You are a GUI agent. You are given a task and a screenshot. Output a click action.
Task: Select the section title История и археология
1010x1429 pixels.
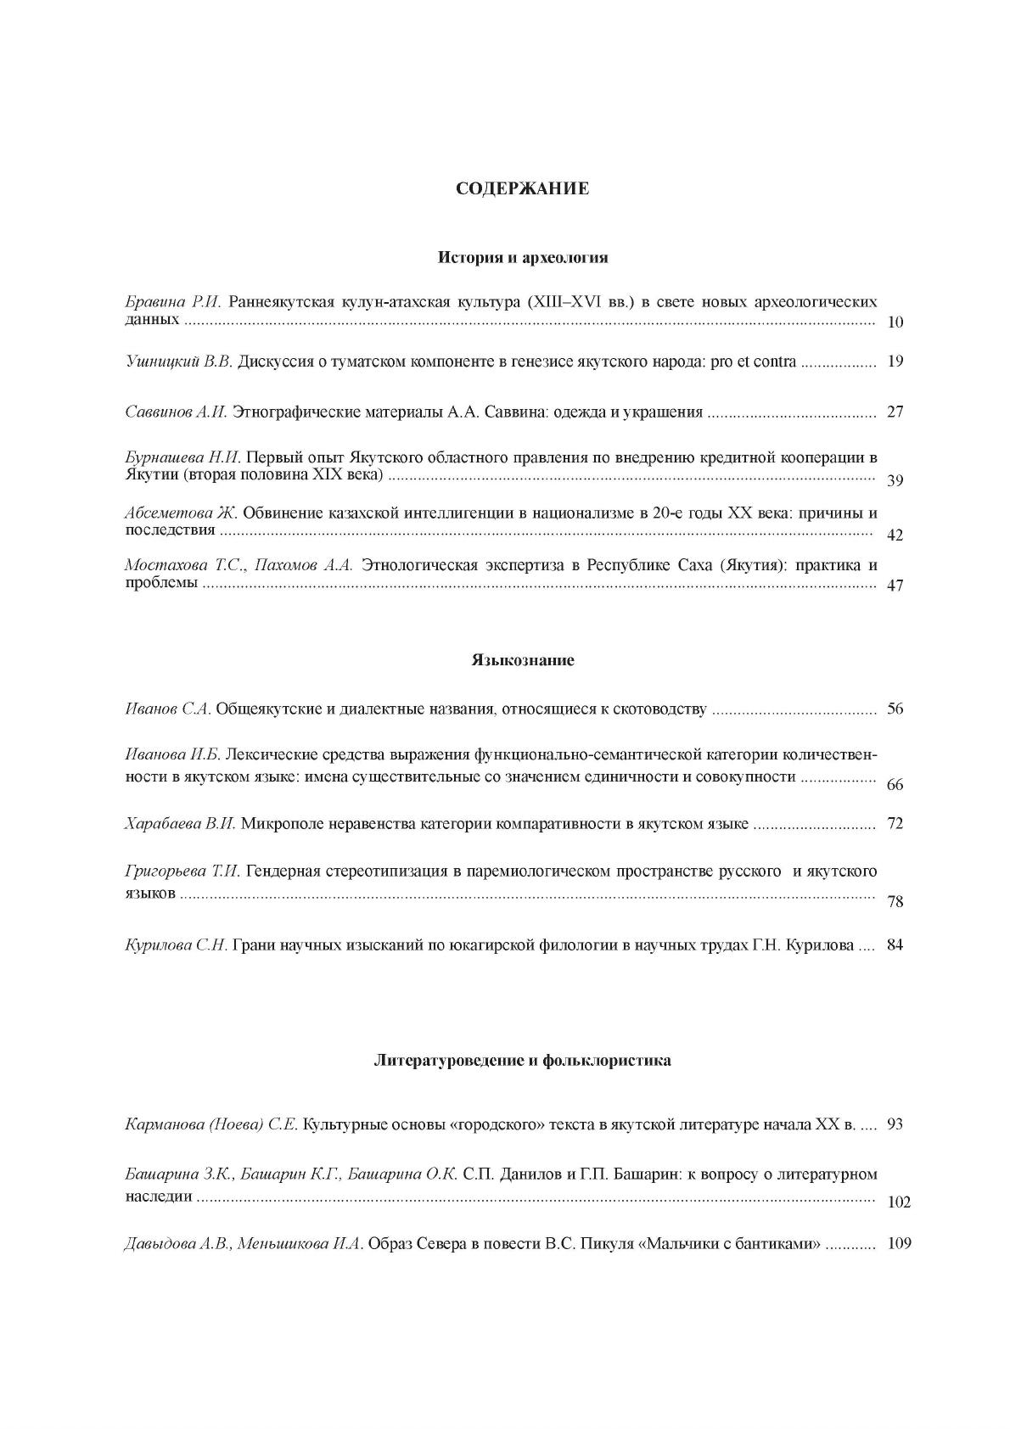tap(523, 256)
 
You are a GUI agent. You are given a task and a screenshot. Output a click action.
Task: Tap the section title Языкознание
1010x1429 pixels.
tap(523, 659)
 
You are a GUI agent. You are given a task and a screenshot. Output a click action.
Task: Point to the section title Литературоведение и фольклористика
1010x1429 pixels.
tap(523, 1060)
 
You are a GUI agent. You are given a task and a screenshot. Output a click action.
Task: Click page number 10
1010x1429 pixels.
tap(895, 322)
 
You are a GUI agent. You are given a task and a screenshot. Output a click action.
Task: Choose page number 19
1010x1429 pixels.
tap(895, 361)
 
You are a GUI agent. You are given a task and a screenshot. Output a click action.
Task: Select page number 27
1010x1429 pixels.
tap(895, 412)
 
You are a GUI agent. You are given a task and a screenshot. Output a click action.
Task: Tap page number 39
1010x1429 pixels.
tap(895, 481)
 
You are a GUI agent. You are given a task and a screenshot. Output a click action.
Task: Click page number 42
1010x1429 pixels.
tap(895, 535)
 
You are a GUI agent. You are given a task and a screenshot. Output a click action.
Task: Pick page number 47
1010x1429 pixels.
tap(895, 586)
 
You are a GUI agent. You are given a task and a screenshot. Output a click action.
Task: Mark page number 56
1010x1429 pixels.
tap(895, 709)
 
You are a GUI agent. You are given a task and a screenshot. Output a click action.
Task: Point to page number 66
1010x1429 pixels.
tap(895, 785)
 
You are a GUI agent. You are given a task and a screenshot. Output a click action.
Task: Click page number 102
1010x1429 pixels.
tap(898, 1202)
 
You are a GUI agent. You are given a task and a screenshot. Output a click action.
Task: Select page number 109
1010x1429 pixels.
tap(898, 1244)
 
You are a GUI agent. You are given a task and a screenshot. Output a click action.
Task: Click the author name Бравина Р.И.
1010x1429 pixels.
tap(173, 301)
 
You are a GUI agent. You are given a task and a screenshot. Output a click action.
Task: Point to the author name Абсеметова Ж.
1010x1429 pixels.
tap(181, 513)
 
